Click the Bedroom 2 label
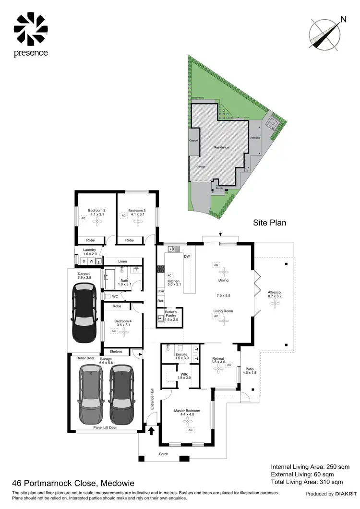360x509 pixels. (96, 213)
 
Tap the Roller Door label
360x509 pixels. (84, 358)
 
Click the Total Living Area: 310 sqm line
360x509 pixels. (307, 482)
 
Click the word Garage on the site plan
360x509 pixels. (201, 166)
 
